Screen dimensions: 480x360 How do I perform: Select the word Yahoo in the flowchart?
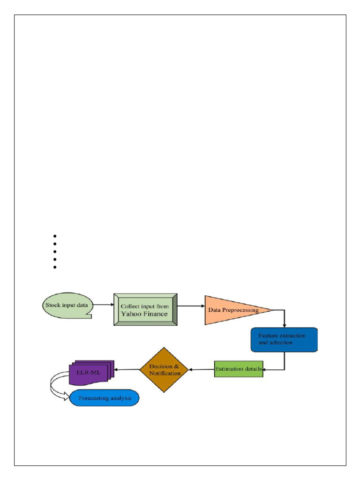(x=132, y=314)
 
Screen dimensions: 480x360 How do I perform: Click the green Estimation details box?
(x=239, y=369)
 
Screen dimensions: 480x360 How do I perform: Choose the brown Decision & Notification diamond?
(x=164, y=369)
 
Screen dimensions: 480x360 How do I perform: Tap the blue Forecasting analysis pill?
(x=105, y=398)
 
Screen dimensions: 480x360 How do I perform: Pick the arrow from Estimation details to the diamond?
(x=201, y=369)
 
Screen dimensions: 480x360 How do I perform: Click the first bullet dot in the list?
(x=55, y=236)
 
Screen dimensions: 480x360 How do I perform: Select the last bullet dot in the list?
(x=55, y=267)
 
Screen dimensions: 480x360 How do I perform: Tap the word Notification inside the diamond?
(x=164, y=373)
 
